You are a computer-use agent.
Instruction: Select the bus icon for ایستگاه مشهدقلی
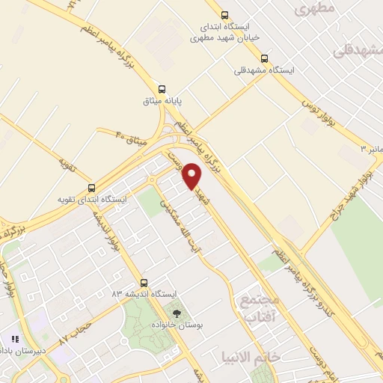click(x=263, y=58)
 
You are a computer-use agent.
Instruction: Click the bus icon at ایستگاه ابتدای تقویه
click(x=91, y=188)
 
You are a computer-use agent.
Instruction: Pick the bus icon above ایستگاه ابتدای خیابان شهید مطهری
click(x=224, y=14)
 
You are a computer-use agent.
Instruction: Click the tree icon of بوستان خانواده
click(x=177, y=314)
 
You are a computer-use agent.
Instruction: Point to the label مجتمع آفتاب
click(x=260, y=308)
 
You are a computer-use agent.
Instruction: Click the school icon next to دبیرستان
click(x=15, y=339)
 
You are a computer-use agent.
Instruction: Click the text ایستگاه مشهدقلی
click(x=264, y=70)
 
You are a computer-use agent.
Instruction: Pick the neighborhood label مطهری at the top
click(x=313, y=9)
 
